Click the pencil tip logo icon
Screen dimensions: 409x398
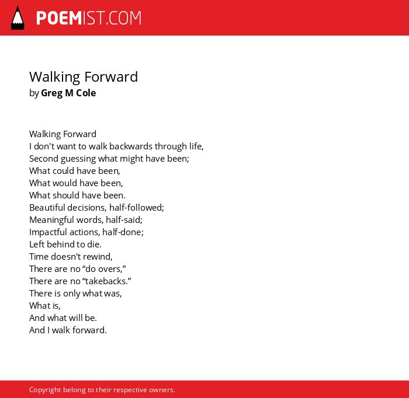pos(18,18)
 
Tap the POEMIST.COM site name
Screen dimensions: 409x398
pos(89,18)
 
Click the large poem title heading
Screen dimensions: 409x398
pos(84,77)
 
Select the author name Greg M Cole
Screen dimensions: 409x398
pos(68,93)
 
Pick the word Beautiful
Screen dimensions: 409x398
pos(47,207)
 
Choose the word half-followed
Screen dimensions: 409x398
pos(136,207)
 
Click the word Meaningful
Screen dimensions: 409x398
pos(51,220)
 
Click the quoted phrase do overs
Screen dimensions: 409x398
pos(104,268)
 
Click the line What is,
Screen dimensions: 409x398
pos(44,305)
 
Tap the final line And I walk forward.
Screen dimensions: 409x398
pos(68,330)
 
